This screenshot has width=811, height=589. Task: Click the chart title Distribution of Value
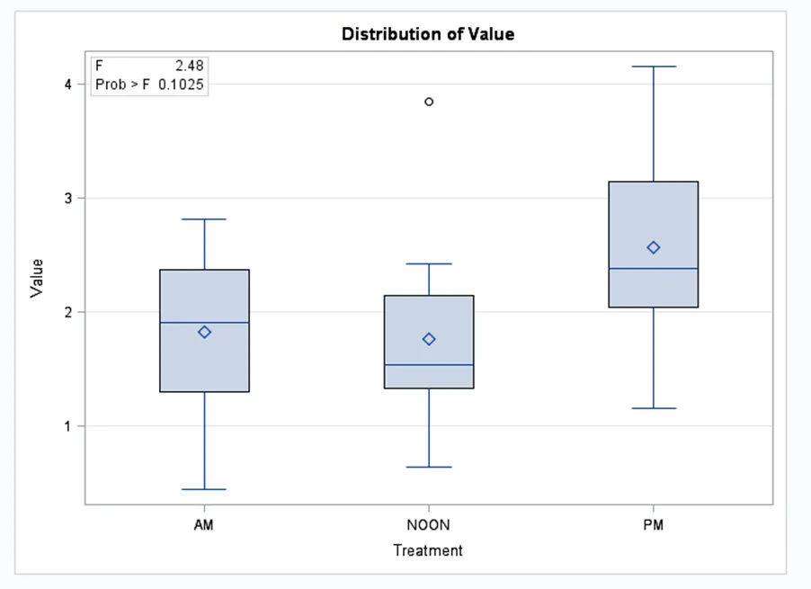point(428,34)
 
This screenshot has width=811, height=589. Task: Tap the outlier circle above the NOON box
point(429,102)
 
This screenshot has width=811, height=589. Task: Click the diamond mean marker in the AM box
point(204,332)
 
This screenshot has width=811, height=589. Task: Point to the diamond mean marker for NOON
point(429,339)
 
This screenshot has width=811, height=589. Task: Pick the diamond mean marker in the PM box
point(654,247)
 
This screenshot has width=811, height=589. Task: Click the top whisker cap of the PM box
point(654,67)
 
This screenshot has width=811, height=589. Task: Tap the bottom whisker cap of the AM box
point(204,489)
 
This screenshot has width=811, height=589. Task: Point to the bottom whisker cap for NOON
point(429,467)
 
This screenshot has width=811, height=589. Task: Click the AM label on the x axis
point(204,525)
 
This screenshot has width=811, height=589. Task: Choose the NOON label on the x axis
point(429,525)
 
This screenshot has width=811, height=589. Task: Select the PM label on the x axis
point(654,525)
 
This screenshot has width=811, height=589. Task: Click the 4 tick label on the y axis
point(67,85)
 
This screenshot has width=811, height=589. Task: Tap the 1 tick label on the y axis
point(67,425)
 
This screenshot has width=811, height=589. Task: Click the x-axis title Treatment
point(428,550)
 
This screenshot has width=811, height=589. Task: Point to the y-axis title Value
point(37,278)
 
